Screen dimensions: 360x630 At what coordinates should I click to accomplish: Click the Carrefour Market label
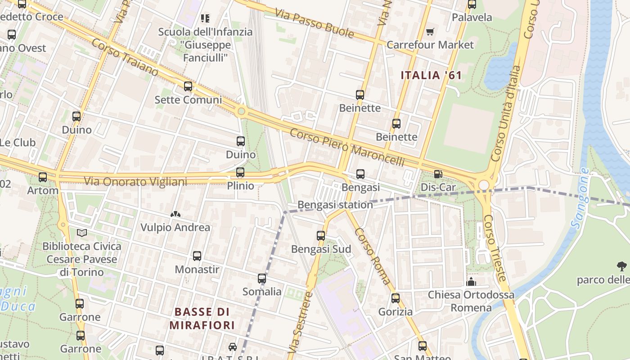[x=430, y=45]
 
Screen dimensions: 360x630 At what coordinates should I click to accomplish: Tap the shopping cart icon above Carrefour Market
[x=430, y=31]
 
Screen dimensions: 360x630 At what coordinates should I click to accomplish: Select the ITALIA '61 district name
[x=431, y=75]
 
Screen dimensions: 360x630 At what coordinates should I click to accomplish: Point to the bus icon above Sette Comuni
[x=188, y=86]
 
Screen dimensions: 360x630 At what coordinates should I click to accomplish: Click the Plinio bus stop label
[x=240, y=185]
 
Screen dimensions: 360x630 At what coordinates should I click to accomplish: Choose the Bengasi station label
[x=335, y=205]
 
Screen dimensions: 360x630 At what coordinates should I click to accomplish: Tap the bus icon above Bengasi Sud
[x=321, y=235]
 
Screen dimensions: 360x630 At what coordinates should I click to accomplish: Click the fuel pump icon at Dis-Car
[x=438, y=174]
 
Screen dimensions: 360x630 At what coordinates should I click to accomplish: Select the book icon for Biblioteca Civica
[x=81, y=233]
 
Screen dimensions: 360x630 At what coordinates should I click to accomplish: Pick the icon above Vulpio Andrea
[x=175, y=215]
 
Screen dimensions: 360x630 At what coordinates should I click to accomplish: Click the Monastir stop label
[x=197, y=269]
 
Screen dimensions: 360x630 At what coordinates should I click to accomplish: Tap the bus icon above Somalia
[x=262, y=279]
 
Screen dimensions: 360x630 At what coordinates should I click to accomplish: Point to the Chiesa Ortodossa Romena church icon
[x=471, y=282]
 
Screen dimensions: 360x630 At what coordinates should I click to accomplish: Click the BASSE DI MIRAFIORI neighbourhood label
[x=202, y=318]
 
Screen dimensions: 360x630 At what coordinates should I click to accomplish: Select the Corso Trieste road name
[x=496, y=247]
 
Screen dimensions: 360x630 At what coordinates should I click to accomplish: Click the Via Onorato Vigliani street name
[x=135, y=182]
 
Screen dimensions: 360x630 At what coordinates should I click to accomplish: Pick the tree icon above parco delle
[x=622, y=266]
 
